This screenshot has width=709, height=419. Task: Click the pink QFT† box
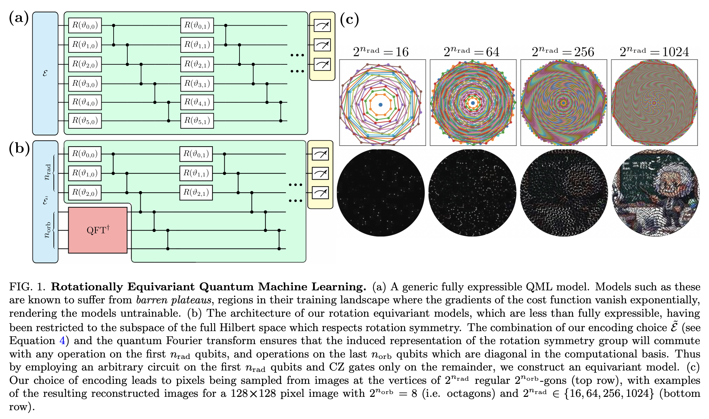[x=98, y=230]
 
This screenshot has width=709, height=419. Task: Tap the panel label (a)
[x=19, y=18]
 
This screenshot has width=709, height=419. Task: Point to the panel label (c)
[x=349, y=19]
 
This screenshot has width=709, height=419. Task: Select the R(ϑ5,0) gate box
[x=85, y=121]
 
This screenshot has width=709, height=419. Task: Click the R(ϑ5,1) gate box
[x=197, y=121]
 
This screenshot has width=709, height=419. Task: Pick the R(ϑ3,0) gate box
[x=85, y=84]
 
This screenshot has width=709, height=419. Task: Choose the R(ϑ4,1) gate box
[x=197, y=102]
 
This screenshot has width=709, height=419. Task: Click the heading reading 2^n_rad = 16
[x=381, y=52]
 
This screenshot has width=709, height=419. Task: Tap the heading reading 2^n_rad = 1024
[x=654, y=52]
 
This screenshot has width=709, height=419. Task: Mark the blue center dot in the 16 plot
[x=381, y=105]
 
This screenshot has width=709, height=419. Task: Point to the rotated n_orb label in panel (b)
[x=47, y=230]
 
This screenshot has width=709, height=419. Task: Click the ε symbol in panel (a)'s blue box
[x=45, y=73]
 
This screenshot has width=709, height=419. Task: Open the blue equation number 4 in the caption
[x=62, y=341]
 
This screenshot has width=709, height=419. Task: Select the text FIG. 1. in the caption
[x=27, y=287]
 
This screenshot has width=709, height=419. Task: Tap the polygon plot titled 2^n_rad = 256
[x=563, y=103]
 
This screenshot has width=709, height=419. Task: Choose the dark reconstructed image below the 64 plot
[x=472, y=193]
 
